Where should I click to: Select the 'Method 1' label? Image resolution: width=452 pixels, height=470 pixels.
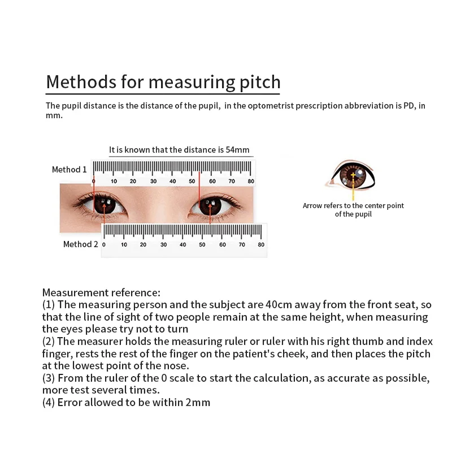pos(69,170)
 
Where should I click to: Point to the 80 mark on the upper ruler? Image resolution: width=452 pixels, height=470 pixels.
pos(251,181)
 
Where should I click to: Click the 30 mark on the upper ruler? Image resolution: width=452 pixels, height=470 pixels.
pos(153,181)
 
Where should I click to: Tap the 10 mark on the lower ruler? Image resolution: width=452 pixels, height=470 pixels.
pos(124,244)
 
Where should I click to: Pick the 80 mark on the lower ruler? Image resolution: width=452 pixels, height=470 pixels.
pos(261,244)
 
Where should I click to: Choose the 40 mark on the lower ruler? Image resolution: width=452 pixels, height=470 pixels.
pos(182,244)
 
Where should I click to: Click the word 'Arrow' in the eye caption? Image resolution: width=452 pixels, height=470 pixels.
pos(312,206)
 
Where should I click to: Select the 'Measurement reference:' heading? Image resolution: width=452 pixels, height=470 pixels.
pos(101,292)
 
